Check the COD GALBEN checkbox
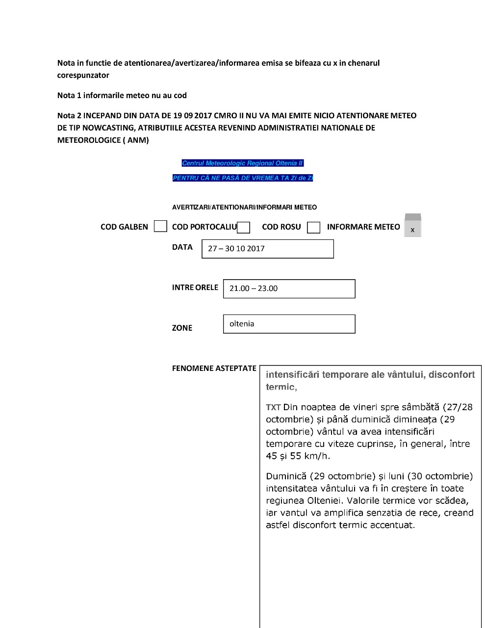160,226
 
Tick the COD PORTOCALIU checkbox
244,227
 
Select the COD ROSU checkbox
313,227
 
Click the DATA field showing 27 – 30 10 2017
267,249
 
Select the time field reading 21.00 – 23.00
289,288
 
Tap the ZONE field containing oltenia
289,324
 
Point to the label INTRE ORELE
195,288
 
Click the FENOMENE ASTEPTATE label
214,368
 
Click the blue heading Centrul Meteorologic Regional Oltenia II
242,163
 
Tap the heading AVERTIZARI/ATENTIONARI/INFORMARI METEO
244,207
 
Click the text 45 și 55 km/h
298,456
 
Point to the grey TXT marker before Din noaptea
273,407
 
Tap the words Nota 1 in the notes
69,95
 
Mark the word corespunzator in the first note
83,75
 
